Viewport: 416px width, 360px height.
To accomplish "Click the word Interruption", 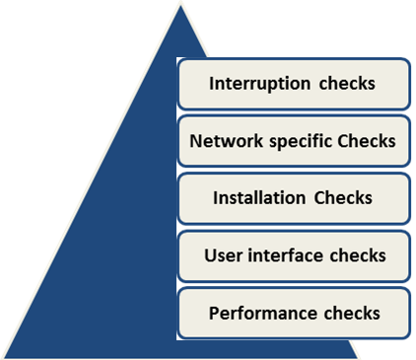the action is point(259,84).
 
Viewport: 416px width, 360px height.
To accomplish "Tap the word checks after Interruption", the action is point(347,84).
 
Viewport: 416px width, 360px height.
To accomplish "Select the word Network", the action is point(227,141).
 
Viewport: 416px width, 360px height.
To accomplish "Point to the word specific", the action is point(301,142).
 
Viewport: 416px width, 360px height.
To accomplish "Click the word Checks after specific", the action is point(367,141).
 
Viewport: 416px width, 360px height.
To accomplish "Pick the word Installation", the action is point(259,198).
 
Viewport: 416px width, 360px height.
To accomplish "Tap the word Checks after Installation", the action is point(343,198).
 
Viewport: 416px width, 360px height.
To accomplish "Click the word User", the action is point(223,255).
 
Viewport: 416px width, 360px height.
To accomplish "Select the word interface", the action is point(286,255).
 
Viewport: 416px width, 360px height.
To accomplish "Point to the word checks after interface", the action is point(358,255).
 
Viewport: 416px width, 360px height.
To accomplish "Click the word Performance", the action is point(263,313).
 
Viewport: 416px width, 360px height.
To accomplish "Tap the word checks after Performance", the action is point(352,313).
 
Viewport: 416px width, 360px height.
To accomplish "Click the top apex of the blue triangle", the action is point(180,5).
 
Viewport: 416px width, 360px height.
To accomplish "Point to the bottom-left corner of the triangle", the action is point(4,358).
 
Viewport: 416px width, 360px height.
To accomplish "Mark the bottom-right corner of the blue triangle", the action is point(358,358).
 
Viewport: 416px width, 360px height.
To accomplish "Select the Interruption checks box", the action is point(294,84).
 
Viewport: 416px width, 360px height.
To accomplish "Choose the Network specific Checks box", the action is point(294,141).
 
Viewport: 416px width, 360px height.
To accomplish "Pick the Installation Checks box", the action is point(294,198).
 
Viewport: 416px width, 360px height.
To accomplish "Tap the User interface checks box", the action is point(294,256).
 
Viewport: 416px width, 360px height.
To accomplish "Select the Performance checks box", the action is point(294,313).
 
